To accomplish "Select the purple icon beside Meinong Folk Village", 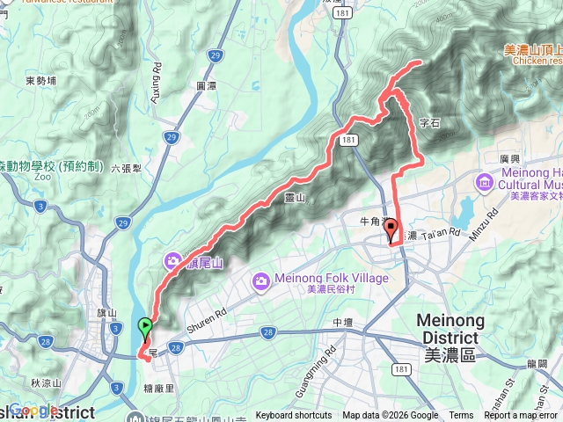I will (260, 280).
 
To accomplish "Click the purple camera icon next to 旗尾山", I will (171, 261).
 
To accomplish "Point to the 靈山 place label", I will (295, 200).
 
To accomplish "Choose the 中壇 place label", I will (342, 323).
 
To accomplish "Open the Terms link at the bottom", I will (461, 416).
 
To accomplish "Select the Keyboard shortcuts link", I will (294, 416).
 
